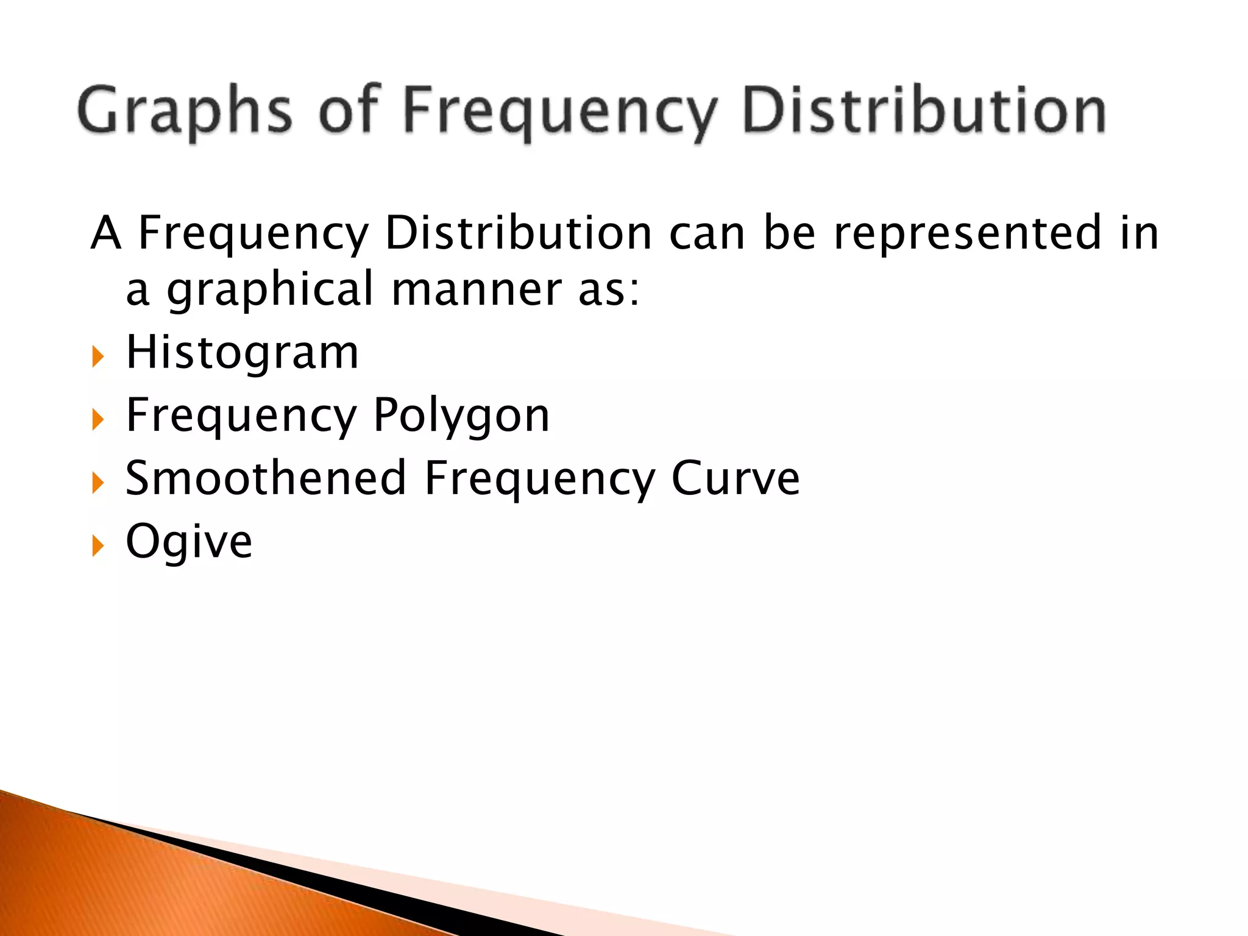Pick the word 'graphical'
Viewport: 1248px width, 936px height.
[270, 290]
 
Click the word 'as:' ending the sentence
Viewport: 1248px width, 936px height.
[609, 290]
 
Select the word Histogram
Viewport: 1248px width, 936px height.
[242, 353]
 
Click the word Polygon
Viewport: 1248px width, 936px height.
[461, 416]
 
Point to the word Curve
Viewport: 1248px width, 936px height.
[735, 478]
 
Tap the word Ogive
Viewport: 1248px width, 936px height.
[189, 541]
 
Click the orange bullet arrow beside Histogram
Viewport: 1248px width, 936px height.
[97, 356]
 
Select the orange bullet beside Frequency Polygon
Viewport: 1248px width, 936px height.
[97, 419]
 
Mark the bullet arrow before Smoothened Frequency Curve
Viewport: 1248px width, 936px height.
[97, 483]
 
